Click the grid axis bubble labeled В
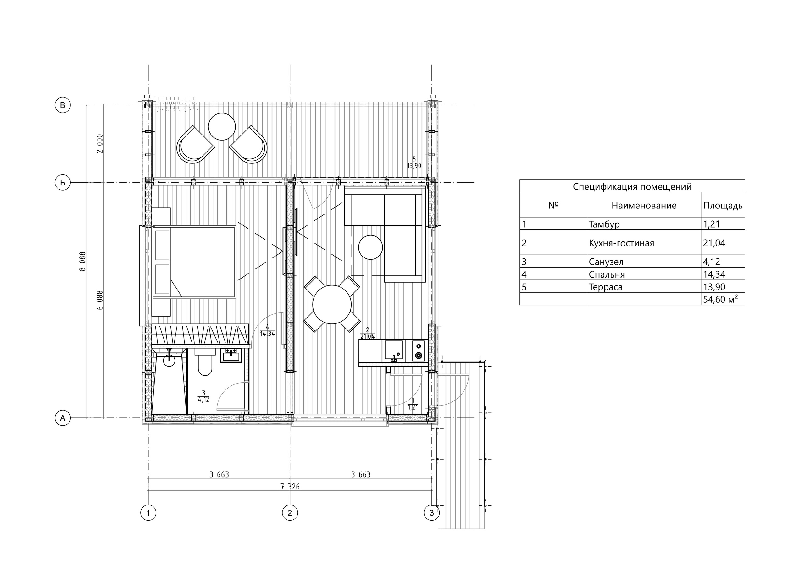[x=63, y=105]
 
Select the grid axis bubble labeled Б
[x=63, y=183]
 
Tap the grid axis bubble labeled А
[x=63, y=418]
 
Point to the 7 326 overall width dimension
[x=290, y=487]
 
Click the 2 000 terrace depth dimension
[x=100, y=143]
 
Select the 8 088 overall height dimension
[x=83, y=262]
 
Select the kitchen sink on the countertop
[x=394, y=351]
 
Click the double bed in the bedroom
[x=194, y=262]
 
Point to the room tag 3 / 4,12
[x=204, y=396]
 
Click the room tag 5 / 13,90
[x=414, y=163]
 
